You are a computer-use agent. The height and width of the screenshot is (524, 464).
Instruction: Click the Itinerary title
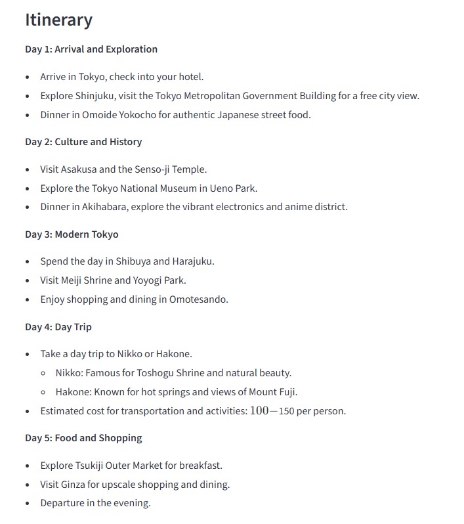pos(58,20)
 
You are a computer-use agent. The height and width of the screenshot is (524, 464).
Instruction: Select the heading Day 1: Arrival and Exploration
pos(91,49)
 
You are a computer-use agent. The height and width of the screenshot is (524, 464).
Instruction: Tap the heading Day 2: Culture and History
pos(83,142)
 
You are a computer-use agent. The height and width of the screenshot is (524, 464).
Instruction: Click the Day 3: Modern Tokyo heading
pos(72,234)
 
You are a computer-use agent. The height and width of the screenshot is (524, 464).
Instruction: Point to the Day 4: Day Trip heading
pos(58,327)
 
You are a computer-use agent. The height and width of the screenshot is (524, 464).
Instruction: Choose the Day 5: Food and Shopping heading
pos(83,438)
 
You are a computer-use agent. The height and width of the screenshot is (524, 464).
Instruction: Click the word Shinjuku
pos(93,96)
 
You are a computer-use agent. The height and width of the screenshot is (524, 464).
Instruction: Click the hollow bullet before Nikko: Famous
pos(43,373)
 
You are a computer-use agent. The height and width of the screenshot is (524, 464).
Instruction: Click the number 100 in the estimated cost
pos(259,411)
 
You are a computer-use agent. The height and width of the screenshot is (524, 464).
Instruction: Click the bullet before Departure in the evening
pos(28,504)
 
